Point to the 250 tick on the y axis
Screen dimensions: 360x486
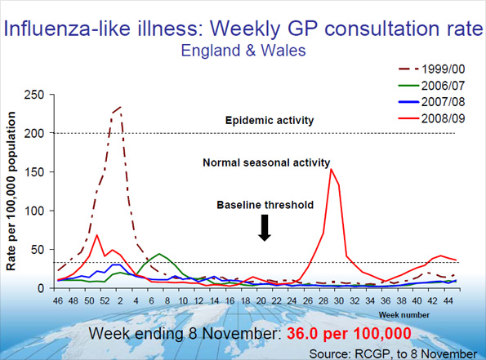(x=36, y=95)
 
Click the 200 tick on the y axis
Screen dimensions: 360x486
(x=36, y=133)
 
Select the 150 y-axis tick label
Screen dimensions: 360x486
(x=36, y=172)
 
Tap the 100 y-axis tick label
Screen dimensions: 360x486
(x=36, y=211)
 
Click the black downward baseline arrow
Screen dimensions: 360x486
(x=264, y=229)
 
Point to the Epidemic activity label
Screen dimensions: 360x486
(x=269, y=121)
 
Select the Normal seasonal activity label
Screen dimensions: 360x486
(x=266, y=162)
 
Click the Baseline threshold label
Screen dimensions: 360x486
(x=265, y=204)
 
